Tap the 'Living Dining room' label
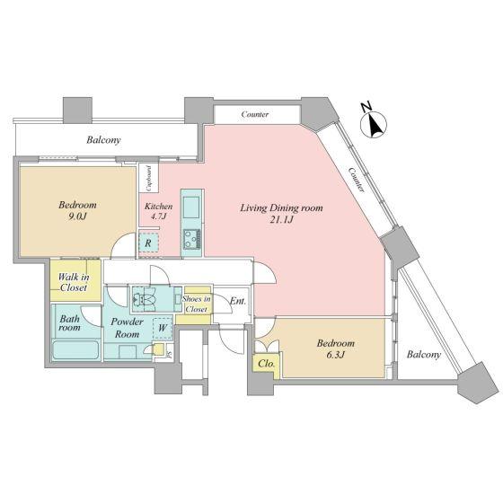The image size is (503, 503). [x=280, y=207]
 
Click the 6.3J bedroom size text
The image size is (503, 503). [x=336, y=356]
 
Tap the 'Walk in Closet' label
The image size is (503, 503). [x=73, y=282]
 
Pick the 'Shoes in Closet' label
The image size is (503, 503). [x=195, y=304]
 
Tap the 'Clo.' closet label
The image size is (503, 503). [x=266, y=365]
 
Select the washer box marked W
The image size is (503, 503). [x=162, y=328]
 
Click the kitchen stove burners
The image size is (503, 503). [x=192, y=239]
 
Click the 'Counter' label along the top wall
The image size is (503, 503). [x=255, y=115]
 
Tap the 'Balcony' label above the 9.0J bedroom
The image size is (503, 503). [x=104, y=140]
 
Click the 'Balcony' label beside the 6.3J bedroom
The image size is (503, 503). [x=424, y=356]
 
